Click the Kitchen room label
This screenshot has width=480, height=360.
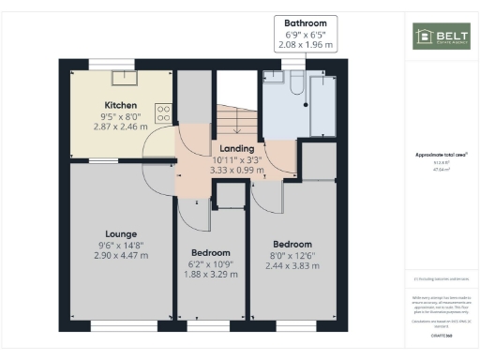[121, 105]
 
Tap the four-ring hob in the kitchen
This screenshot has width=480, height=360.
[164, 112]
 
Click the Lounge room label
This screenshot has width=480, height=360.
[121, 233]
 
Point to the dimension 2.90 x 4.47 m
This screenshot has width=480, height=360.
[121, 256]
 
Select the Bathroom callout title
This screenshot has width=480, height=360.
[307, 22]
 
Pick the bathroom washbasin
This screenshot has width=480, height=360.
[272, 77]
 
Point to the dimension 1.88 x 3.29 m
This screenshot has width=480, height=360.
[210, 275]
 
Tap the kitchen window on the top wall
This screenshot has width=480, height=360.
[121, 63]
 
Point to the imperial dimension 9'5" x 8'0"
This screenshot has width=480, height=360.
[121, 116]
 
